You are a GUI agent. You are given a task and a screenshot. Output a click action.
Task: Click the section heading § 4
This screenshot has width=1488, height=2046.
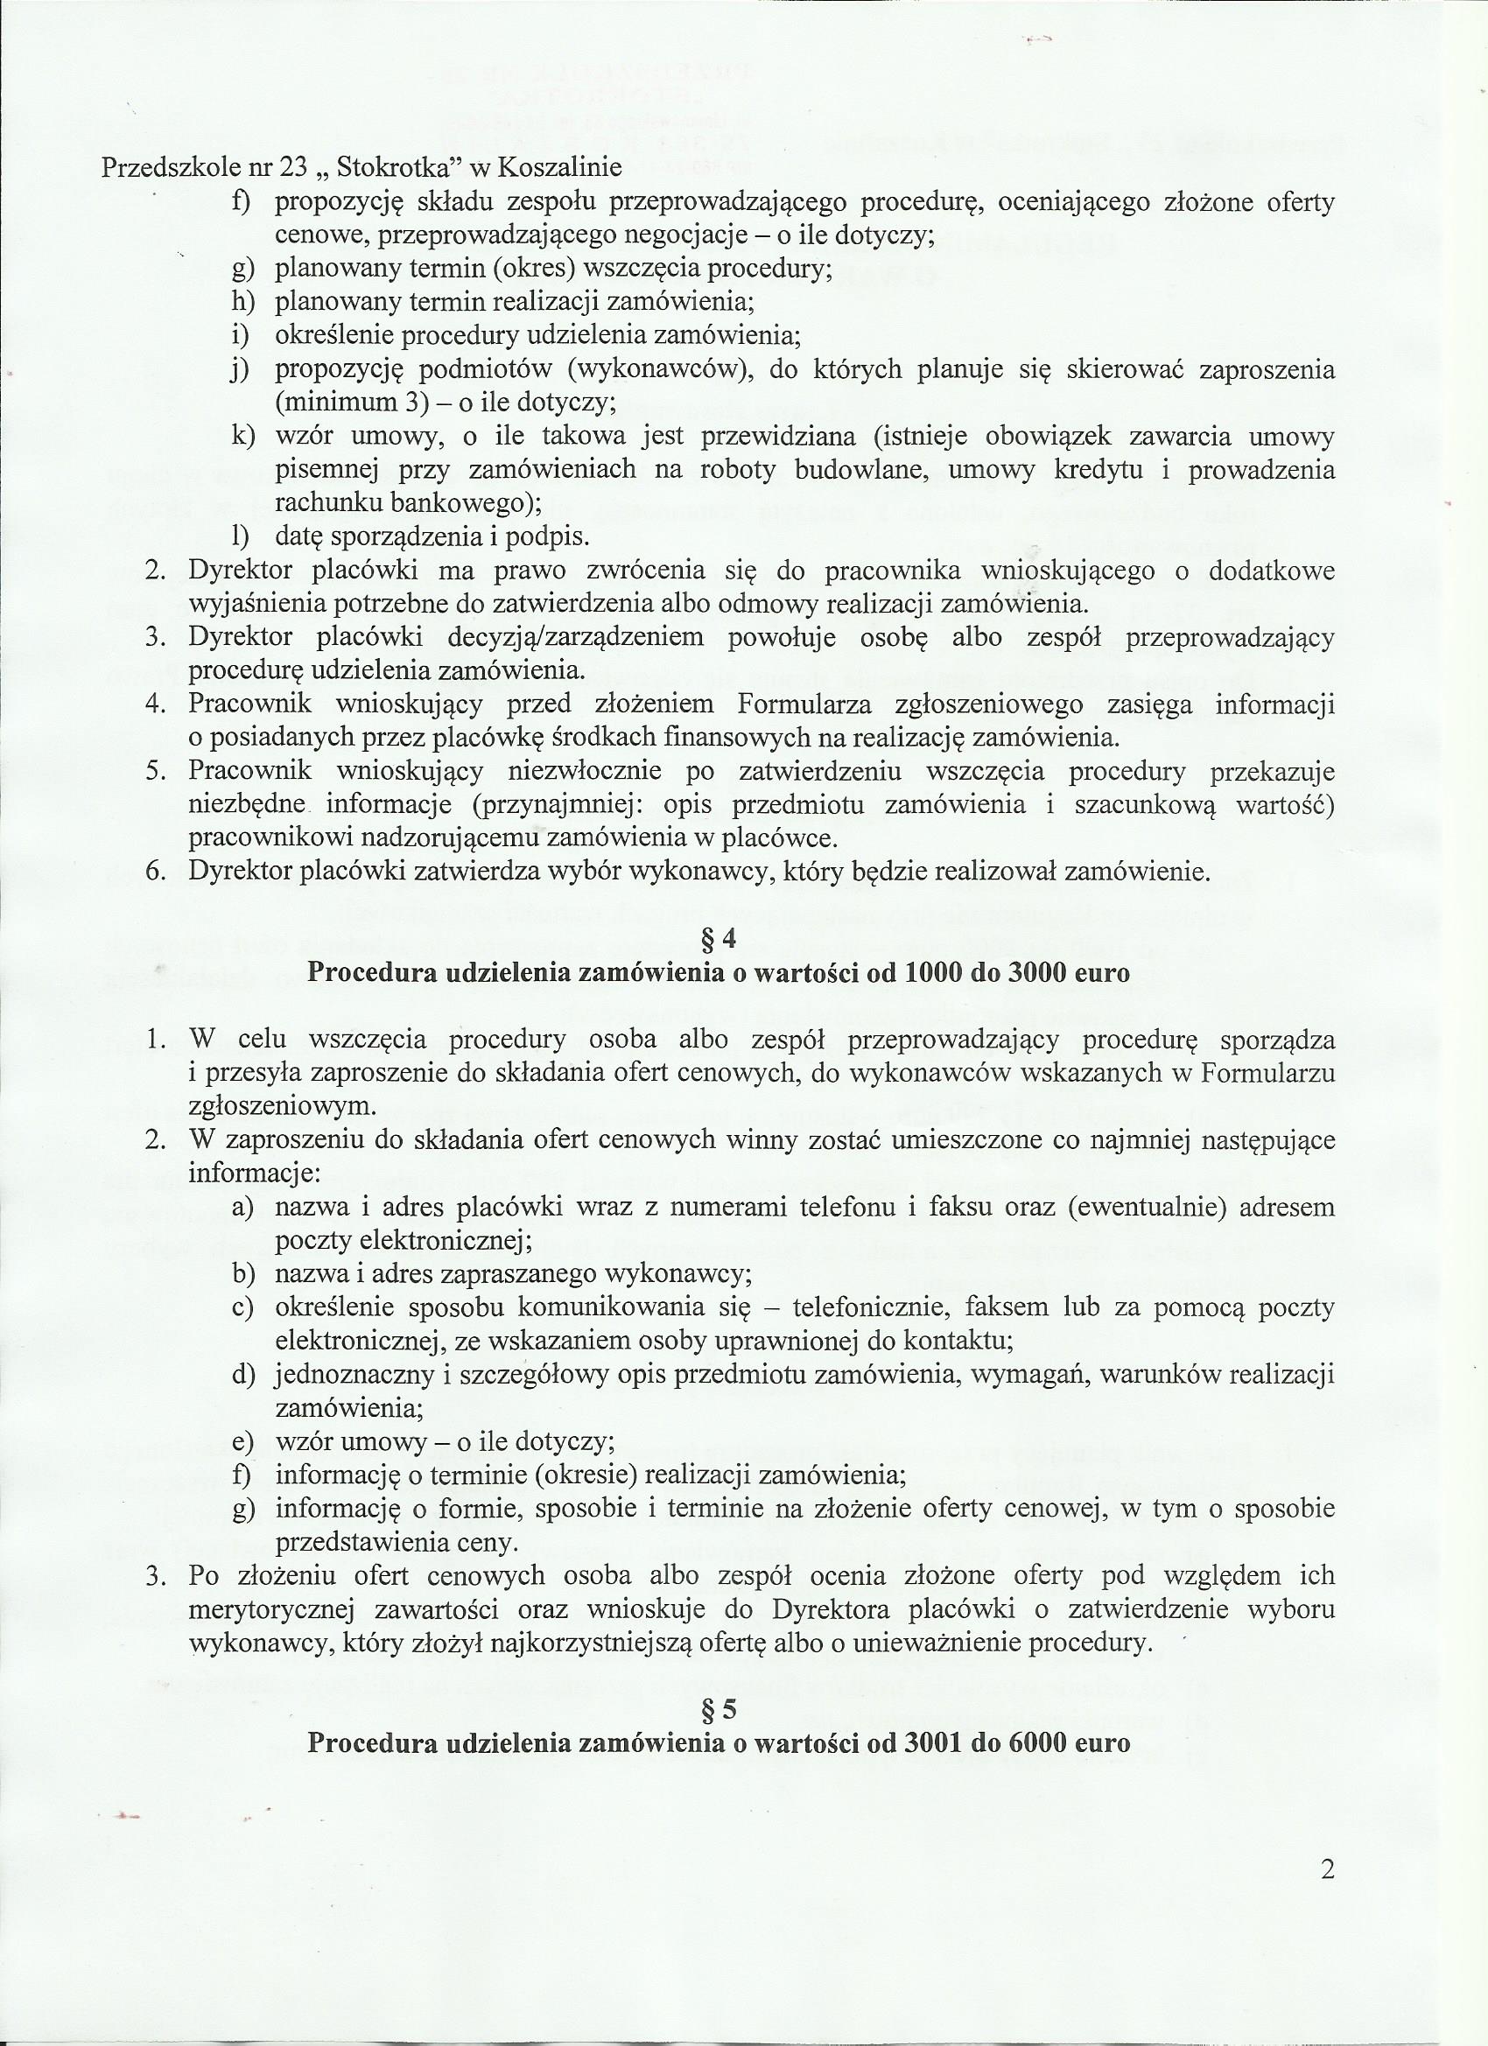pyautogui.click(x=719, y=940)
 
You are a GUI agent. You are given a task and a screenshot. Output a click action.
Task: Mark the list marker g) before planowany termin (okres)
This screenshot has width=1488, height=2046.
pyautogui.click(x=241, y=269)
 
